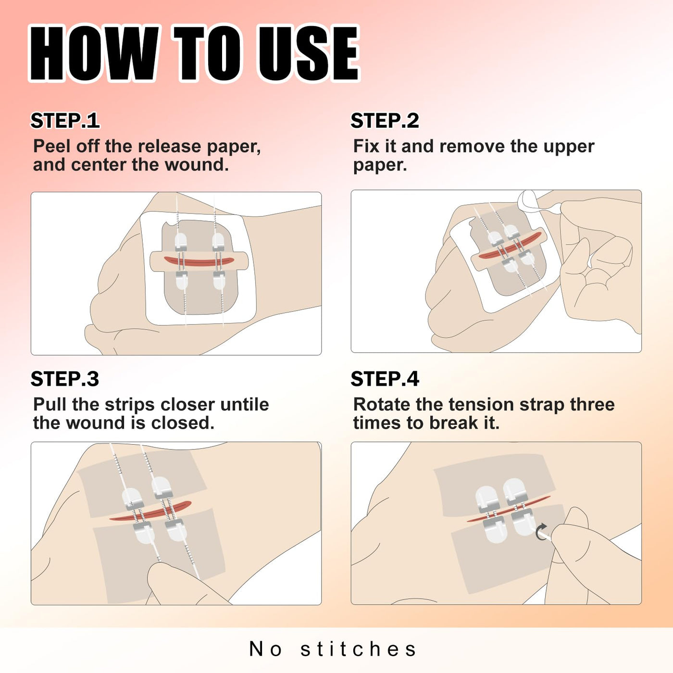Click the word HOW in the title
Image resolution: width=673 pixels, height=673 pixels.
point(94,53)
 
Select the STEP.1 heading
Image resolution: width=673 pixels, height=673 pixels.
point(65,121)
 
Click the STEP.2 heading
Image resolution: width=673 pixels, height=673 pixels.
point(385,121)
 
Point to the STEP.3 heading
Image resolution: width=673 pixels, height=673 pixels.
point(65,379)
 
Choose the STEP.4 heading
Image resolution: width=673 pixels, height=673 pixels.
point(385,379)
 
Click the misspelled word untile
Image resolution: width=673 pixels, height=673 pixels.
point(245,404)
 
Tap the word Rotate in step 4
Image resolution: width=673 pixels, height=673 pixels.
point(382,404)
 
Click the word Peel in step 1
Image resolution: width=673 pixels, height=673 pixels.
point(52,146)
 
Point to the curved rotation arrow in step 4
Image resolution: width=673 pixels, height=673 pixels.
point(541,531)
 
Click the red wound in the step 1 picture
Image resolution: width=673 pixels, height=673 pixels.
point(199,261)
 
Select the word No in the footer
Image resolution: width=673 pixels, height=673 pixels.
point(265,649)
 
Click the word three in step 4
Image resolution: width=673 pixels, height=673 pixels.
point(592,404)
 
